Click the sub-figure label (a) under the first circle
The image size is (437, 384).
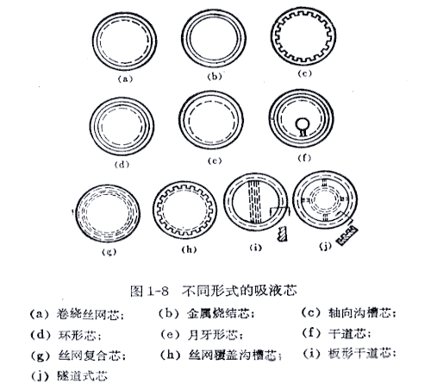pos(127,78)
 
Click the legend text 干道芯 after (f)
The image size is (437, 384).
pos(340,333)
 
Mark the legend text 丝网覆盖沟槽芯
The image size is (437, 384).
pos(220,354)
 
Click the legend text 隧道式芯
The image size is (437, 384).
pos(71,375)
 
